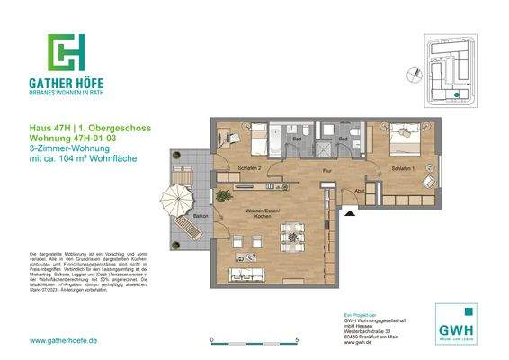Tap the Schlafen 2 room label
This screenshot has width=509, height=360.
250,168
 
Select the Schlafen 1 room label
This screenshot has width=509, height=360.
404,168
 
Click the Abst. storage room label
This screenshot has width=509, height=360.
359,191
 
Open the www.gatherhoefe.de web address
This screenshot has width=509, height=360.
64,340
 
